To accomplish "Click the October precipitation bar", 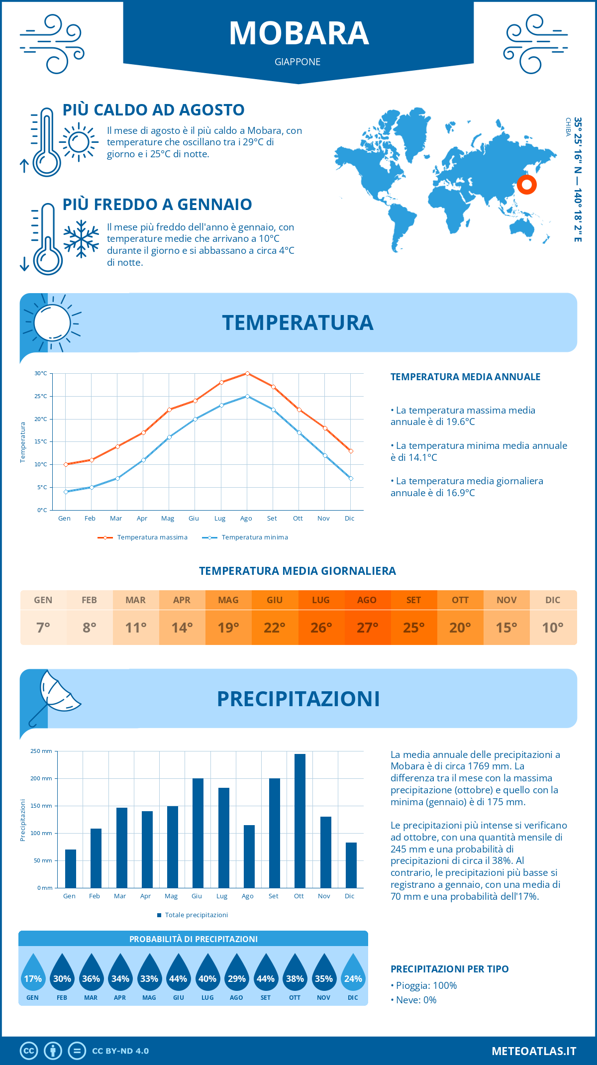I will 300,821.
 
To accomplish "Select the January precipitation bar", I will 71,868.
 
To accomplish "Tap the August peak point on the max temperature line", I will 247,373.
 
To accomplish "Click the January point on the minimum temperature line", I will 66,492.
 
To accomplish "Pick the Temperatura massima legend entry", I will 143,537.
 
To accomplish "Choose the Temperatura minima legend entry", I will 246,537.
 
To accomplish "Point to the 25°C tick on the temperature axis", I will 41,396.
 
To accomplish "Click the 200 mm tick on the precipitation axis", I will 42,778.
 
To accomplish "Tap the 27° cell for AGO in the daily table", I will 367,628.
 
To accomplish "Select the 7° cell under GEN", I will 43,628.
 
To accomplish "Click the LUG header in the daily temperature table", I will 321,600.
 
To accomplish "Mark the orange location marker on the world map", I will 526,185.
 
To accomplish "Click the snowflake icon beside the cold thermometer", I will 81,239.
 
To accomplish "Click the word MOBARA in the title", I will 298,34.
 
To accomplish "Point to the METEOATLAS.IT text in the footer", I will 534,1051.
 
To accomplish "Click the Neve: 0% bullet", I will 414,1000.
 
